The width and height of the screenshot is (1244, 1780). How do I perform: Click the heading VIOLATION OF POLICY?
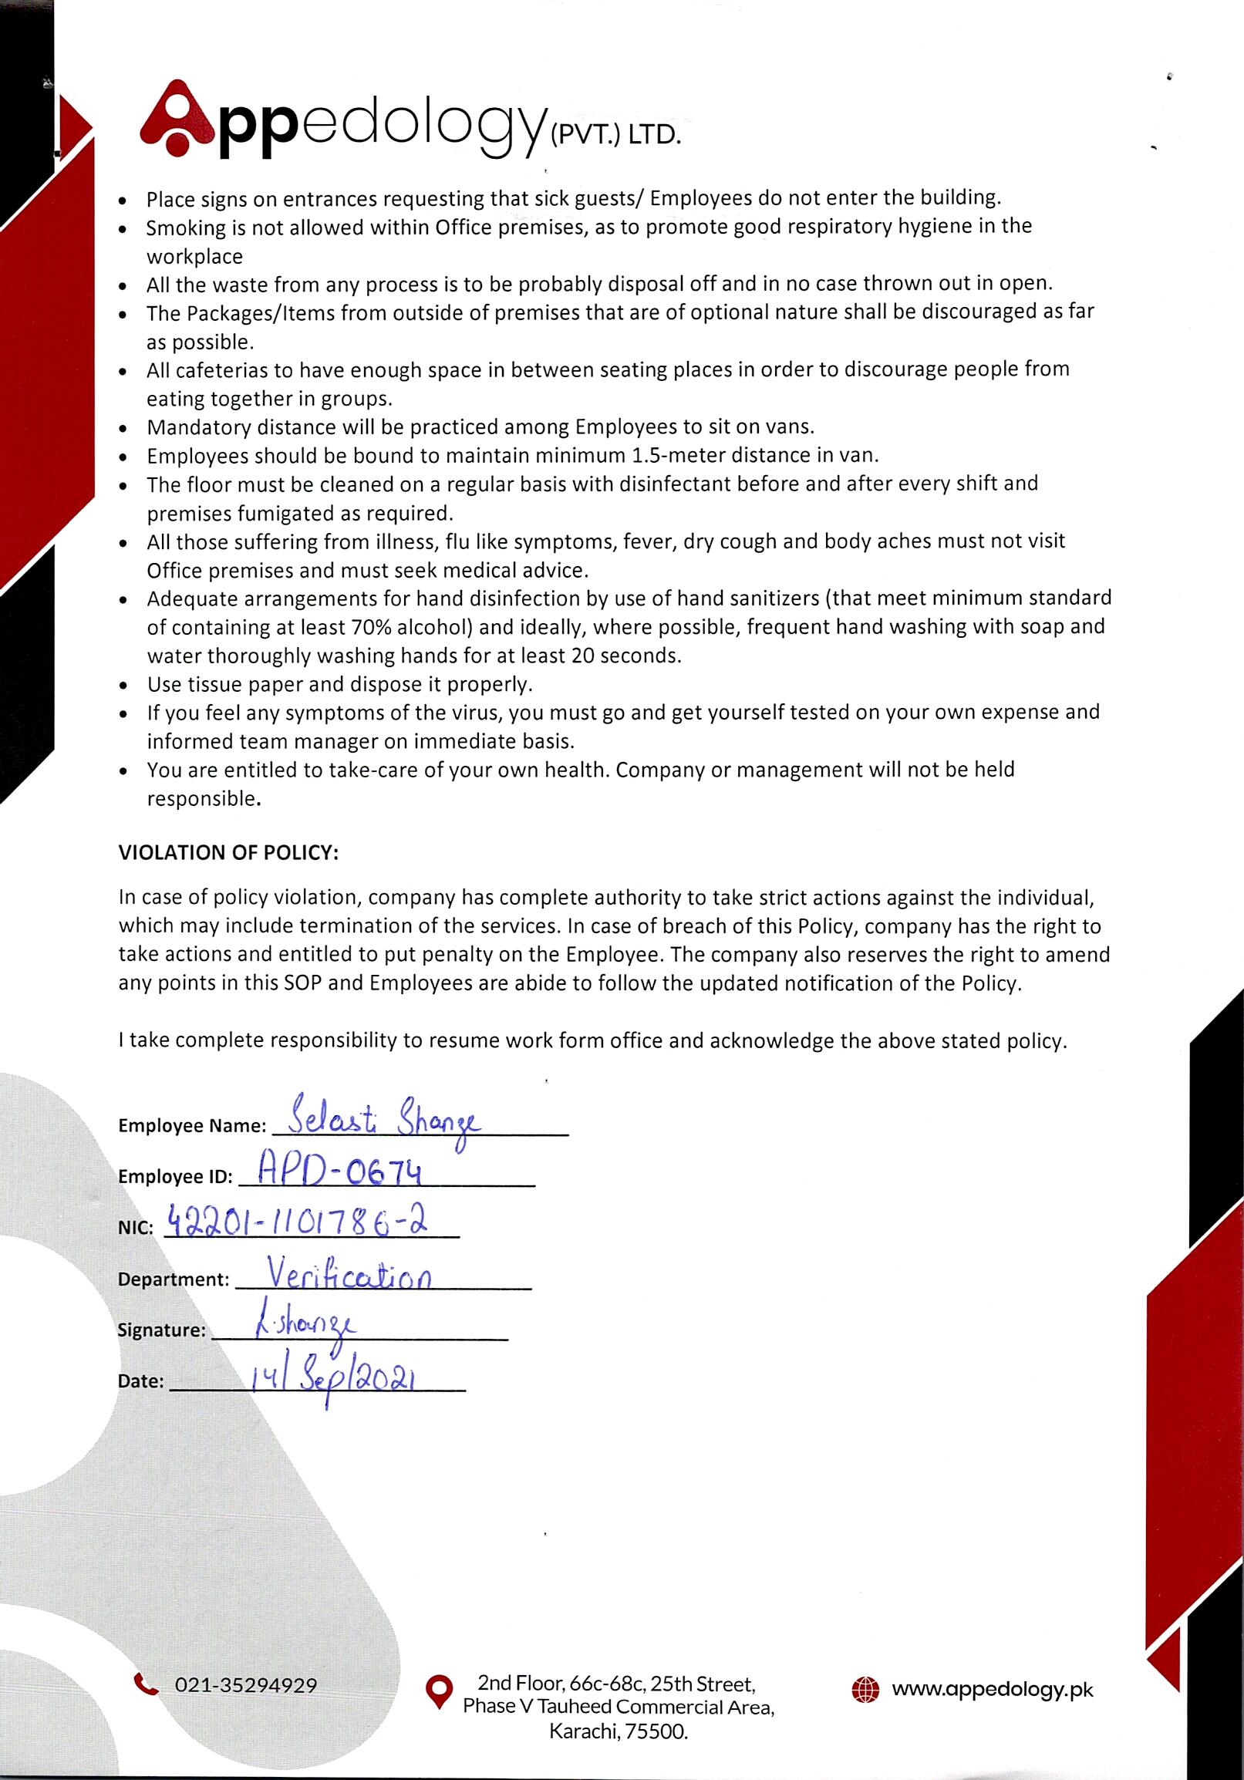228,853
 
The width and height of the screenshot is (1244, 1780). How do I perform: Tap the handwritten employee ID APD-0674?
339,1175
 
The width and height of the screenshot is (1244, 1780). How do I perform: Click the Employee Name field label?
191,1126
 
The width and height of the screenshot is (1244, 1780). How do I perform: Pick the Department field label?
174,1279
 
